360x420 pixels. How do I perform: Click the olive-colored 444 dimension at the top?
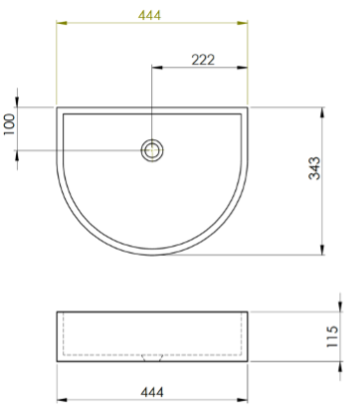click(x=149, y=15)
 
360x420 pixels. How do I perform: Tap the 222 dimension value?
click(x=203, y=60)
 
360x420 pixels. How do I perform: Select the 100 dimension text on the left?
click(x=10, y=124)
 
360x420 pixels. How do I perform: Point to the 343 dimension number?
click(x=314, y=168)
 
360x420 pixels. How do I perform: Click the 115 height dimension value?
click(x=332, y=336)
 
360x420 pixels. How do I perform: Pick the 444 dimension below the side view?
click(x=152, y=392)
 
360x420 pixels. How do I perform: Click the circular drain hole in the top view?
click(x=152, y=150)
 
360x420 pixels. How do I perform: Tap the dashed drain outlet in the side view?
click(x=152, y=358)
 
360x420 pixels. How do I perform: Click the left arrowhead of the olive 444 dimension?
click(x=62, y=23)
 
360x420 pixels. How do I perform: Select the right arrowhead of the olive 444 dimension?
click(x=243, y=23)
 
